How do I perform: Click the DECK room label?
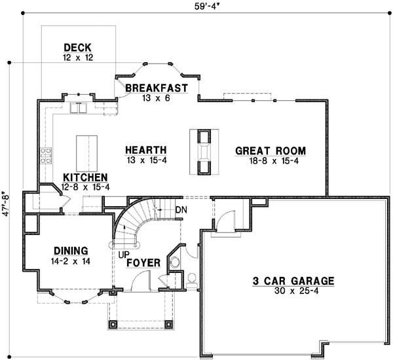(x=77, y=48)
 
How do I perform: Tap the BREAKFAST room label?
(x=157, y=88)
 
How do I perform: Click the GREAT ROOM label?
(x=271, y=151)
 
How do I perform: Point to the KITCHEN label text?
(x=85, y=178)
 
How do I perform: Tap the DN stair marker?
(x=181, y=209)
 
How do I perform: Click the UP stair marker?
(x=123, y=254)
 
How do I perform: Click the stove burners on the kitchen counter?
(x=47, y=155)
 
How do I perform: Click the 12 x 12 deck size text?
(x=77, y=58)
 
